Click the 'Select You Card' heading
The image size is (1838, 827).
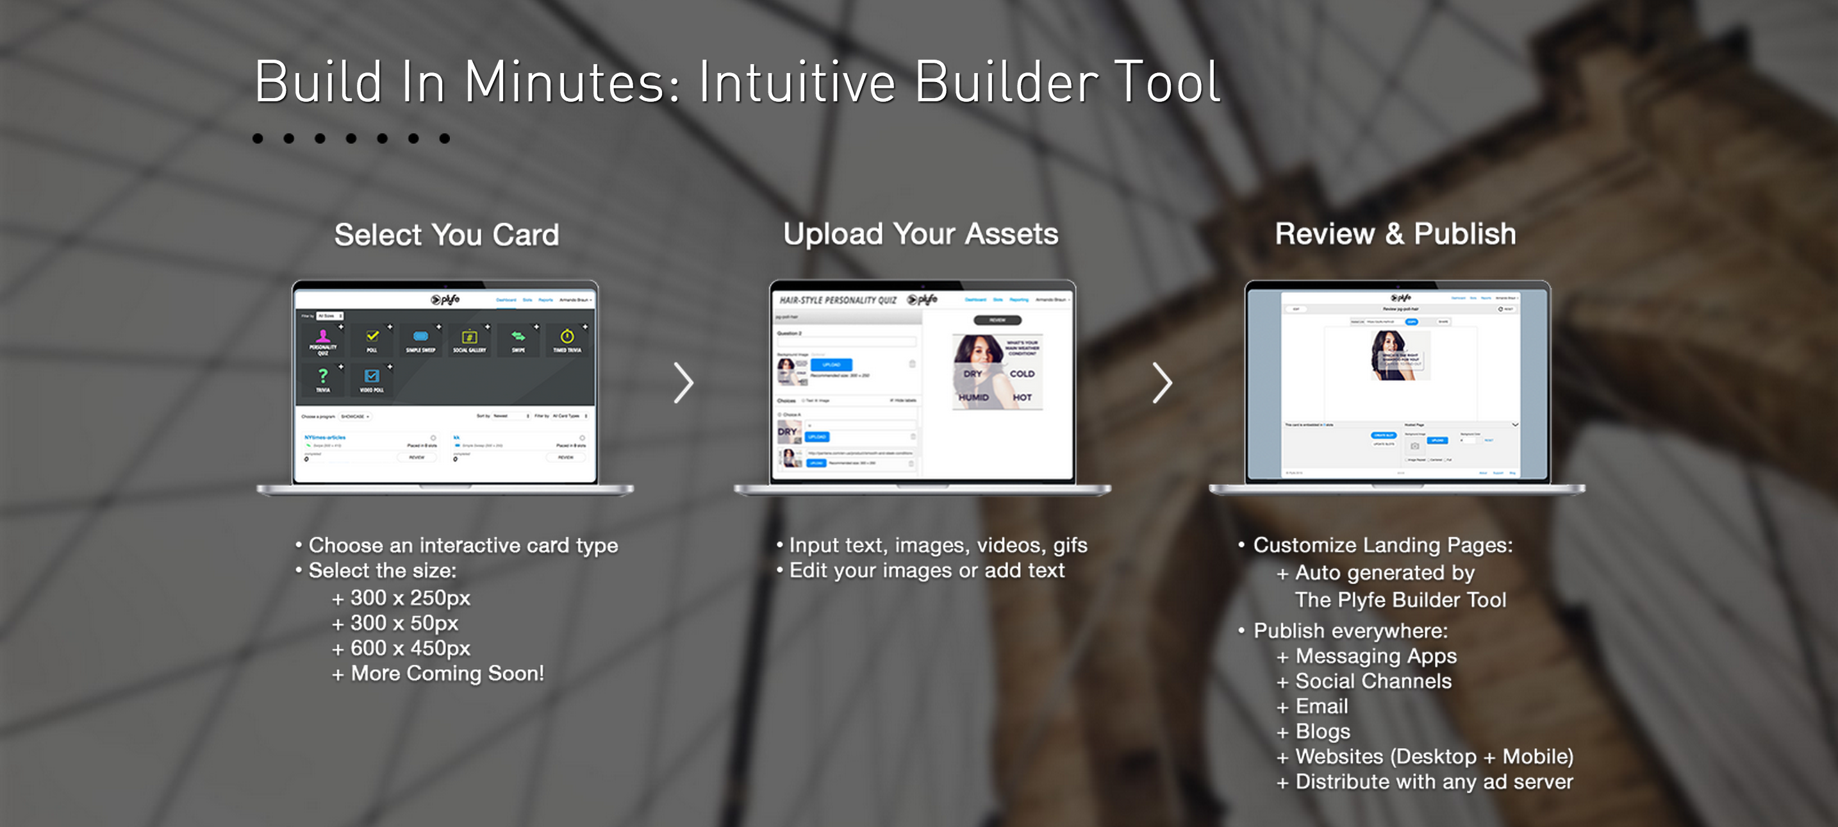tap(447, 235)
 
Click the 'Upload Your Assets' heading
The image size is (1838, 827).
tap(920, 234)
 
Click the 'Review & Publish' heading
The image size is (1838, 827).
tap(1395, 234)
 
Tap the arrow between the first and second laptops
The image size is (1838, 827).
tap(684, 383)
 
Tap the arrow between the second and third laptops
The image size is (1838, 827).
tap(1162, 383)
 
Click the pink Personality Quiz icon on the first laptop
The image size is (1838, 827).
tap(323, 337)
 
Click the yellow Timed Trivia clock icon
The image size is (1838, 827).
tap(567, 337)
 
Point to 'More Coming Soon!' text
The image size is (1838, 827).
tap(447, 674)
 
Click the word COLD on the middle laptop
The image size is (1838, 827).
tap(1022, 373)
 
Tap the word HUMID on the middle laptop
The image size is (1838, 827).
tap(973, 397)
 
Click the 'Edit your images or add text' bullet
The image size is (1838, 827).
tap(926, 571)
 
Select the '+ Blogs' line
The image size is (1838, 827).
tap(1322, 731)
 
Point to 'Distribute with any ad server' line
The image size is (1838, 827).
tap(1434, 782)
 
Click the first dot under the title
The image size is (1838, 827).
tap(258, 138)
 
